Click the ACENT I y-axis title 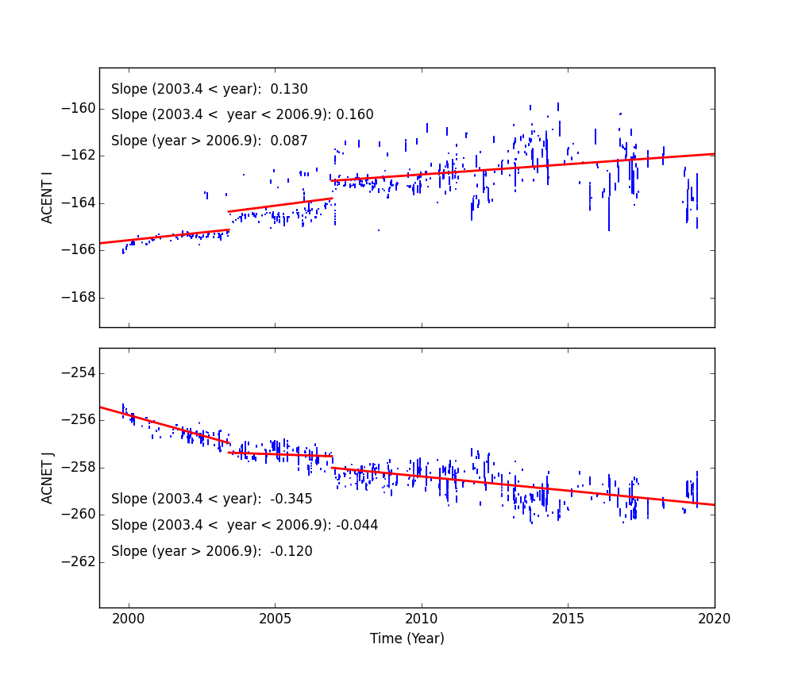[x=48, y=197]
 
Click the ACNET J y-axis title [x=48, y=477]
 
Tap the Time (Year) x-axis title [x=407, y=638]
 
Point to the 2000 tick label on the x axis [x=129, y=619]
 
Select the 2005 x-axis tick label [x=275, y=619]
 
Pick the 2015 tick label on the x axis [x=568, y=619]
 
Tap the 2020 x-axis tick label [x=714, y=619]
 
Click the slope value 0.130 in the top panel [x=290, y=90]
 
